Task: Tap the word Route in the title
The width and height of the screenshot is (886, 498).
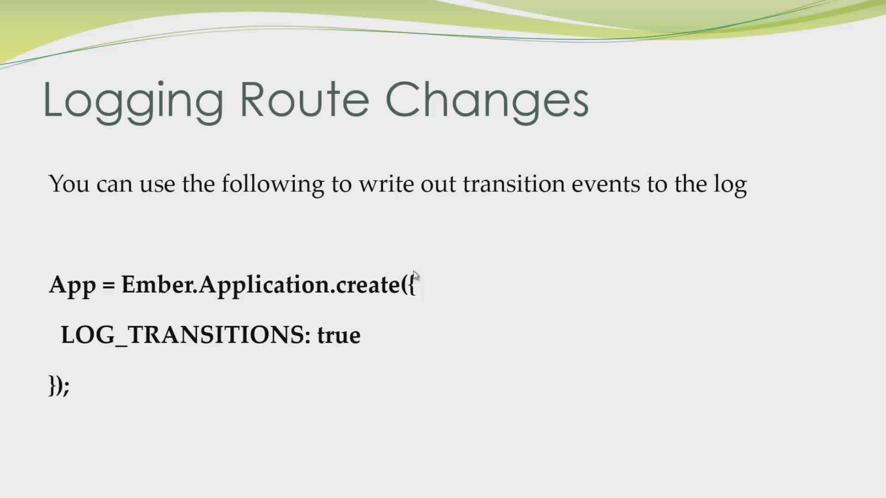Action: pos(305,100)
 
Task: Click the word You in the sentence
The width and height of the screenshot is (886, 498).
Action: pos(69,184)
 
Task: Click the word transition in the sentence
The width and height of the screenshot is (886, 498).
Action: pos(514,184)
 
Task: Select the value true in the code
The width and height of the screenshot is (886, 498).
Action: pos(339,335)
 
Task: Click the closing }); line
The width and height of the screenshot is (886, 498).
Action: pos(59,385)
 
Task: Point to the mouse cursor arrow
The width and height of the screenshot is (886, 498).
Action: pos(416,276)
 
